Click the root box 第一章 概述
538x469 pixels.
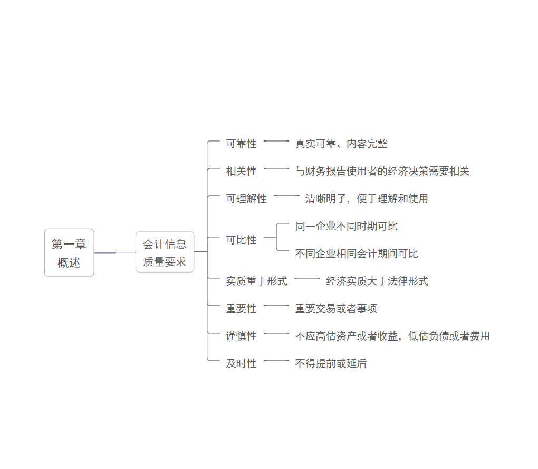click(69, 252)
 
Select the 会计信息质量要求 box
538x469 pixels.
click(165, 252)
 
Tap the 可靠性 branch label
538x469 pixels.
click(241, 144)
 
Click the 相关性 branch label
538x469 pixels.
click(241, 171)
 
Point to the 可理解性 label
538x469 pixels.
click(246, 199)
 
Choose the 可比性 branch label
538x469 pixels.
click(241, 240)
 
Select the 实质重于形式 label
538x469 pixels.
click(256, 281)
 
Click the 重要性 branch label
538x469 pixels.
click(241, 308)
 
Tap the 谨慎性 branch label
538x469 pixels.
click(241, 336)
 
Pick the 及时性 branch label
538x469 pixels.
click(241, 363)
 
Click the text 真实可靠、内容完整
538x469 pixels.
click(341, 144)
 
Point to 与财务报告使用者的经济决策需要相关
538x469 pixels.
click(382, 171)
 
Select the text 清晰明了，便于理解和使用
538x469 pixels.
click(367, 199)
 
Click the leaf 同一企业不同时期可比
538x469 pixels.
click(346, 226)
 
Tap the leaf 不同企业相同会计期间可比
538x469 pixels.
click(356, 254)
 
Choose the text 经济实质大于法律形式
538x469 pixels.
click(377, 281)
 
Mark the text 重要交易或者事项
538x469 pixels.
click(336, 308)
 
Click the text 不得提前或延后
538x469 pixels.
click(331, 363)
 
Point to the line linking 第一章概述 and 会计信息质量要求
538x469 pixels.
click(115, 252)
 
